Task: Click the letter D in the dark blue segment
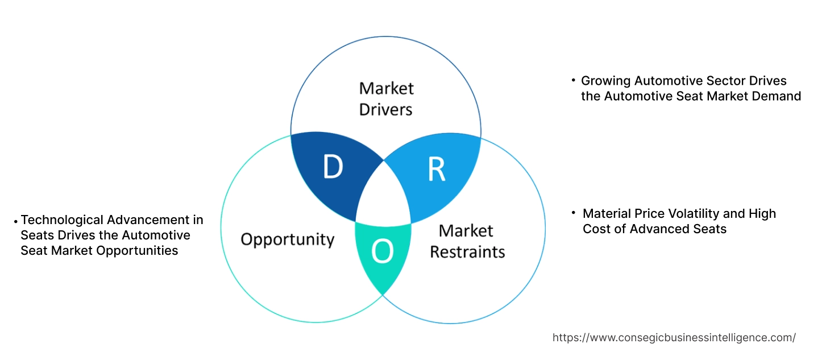pos(333,167)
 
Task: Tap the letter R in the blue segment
pos(436,169)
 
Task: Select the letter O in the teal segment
pos(382,251)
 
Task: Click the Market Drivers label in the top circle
pos(386,98)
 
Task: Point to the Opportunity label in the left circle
pos(287,239)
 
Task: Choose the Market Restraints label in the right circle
pos(467,241)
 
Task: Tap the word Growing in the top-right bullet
pos(605,81)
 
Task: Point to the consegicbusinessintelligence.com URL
pos(674,337)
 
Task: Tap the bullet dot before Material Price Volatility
pos(574,213)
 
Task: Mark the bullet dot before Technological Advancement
pos(16,220)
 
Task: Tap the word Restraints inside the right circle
pos(467,251)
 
